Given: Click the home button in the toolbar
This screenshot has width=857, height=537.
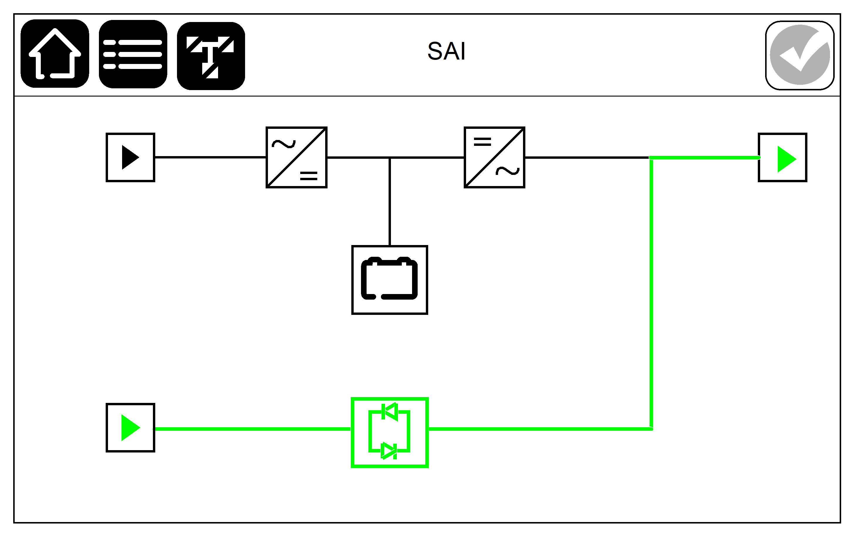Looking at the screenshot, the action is pos(55,54).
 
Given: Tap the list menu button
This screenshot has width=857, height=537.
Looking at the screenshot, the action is pos(133,54).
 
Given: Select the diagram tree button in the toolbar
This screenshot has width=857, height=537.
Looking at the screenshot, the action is pos(211,56).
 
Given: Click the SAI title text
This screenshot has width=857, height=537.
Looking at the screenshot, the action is pos(446,51).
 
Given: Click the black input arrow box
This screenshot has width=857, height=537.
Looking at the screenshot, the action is pos(130,157).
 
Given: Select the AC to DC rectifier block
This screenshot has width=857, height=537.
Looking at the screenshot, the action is pos(296,157).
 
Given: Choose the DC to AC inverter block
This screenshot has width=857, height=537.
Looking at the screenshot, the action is pos(494,157).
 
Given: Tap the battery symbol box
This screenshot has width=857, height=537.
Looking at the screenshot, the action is pos(389,280).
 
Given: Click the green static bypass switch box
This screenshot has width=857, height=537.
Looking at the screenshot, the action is pos(389,432).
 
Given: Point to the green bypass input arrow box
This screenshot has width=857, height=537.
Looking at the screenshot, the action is pos(130,428).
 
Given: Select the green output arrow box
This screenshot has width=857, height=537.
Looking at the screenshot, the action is pos(783,158).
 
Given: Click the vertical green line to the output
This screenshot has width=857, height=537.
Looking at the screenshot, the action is pos(651,293).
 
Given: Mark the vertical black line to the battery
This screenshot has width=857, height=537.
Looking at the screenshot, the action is pos(389,201).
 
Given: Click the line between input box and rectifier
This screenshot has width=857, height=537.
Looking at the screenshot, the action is pos(211,157).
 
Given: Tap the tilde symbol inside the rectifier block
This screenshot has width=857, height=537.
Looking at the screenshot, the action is pos(284,144).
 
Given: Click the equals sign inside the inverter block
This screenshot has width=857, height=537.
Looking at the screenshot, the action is pos(482,142).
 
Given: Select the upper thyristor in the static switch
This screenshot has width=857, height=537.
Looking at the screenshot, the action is pos(389,412).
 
